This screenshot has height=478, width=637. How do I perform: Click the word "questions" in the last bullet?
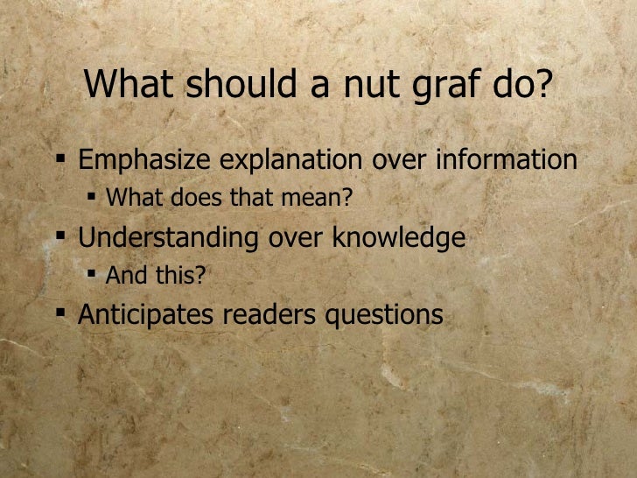pyautogui.click(x=385, y=316)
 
